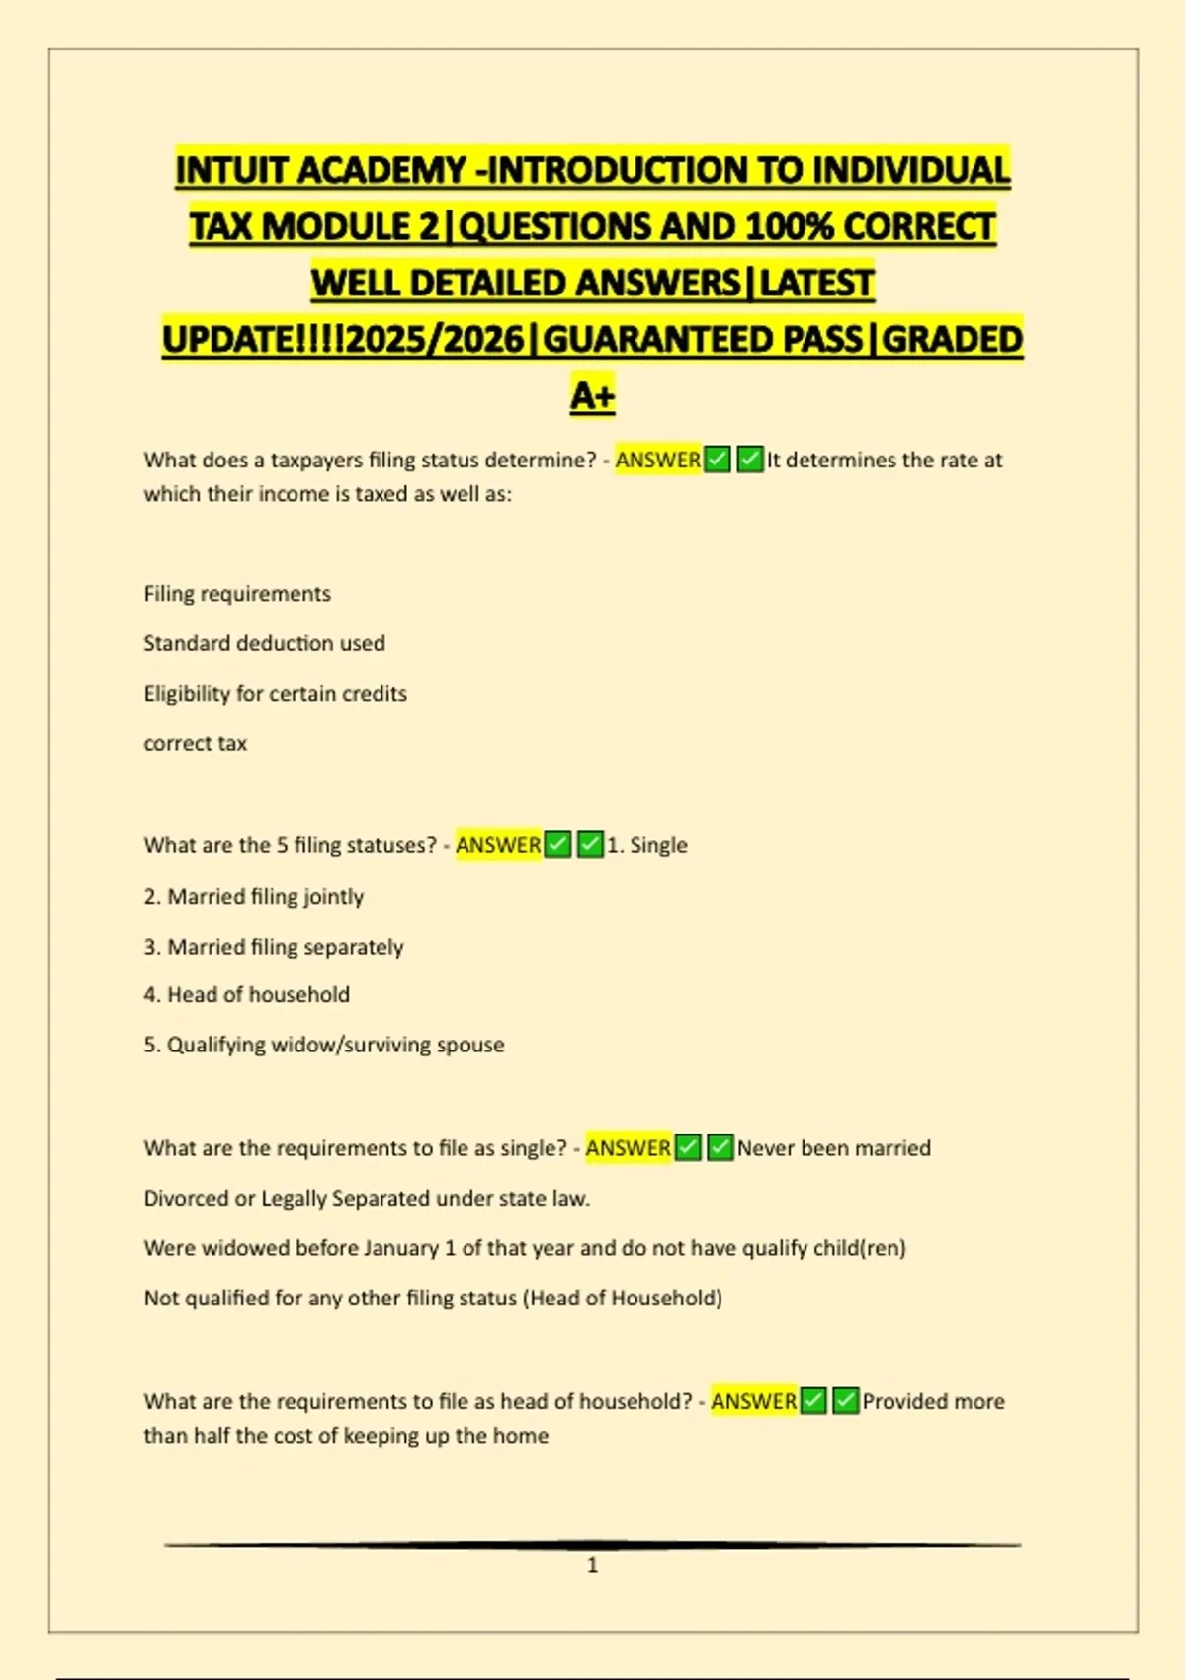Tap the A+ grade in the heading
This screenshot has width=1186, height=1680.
point(592,395)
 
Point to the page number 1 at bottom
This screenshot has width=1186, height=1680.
point(592,1565)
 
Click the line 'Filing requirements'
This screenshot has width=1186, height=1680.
point(237,594)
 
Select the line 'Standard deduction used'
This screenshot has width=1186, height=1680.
point(264,643)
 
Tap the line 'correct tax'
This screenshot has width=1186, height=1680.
point(195,743)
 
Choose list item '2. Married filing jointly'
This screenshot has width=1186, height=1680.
point(254,897)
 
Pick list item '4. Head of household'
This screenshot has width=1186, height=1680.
point(246,995)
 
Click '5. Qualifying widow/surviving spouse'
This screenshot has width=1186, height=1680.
point(324,1045)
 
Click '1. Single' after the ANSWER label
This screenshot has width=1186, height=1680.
point(647,845)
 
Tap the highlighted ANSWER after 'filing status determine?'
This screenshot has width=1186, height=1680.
point(657,460)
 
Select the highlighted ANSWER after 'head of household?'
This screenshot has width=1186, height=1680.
point(753,1401)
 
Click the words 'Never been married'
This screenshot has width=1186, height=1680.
point(833,1148)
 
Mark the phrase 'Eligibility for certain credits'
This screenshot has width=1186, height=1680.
point(275,694)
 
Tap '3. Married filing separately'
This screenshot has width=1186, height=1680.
point(274,947)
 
